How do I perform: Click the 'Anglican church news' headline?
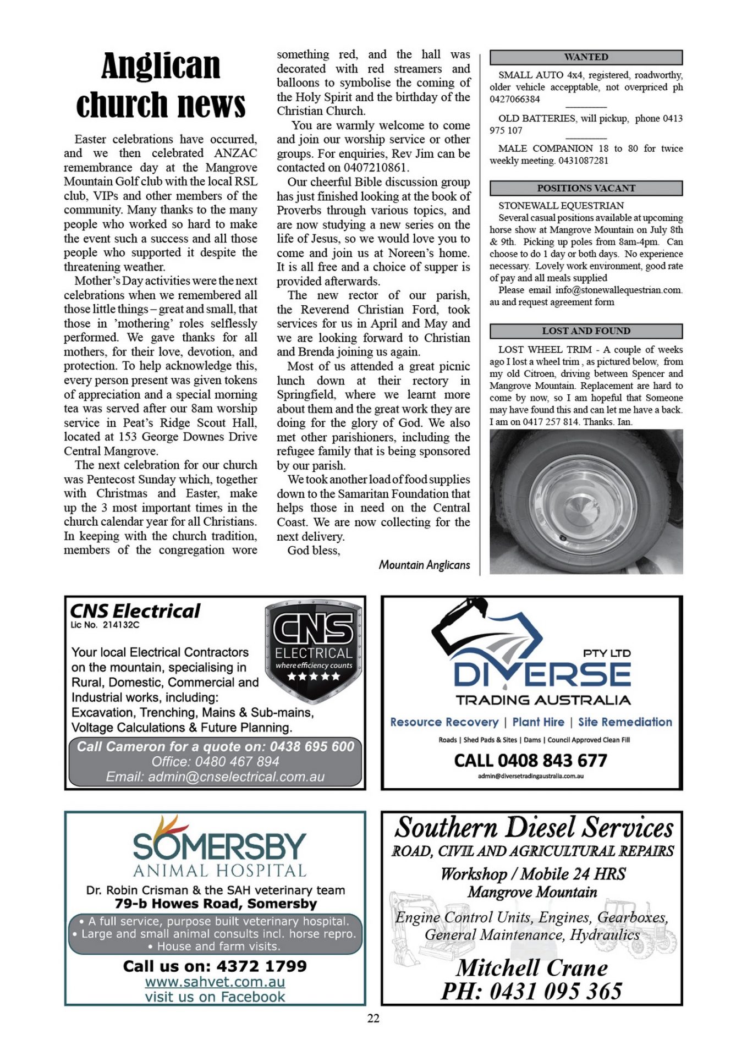point(161,85)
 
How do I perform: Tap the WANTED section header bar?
point(586,57)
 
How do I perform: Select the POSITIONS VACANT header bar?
point(586,188)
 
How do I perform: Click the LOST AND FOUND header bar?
point(586,331)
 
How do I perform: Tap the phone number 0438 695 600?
point(312,746)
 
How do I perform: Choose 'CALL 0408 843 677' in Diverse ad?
point(530,761)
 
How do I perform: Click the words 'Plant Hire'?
point(538,722)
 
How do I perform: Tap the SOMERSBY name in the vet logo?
point(219,846)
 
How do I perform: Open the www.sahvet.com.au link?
point(215,982)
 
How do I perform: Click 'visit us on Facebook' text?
point(215,997)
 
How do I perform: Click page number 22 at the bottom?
point(374,1018)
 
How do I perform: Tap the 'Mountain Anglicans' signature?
point(424,565)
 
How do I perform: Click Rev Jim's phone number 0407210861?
point(376,168)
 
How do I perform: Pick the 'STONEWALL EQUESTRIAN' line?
point(561,206)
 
